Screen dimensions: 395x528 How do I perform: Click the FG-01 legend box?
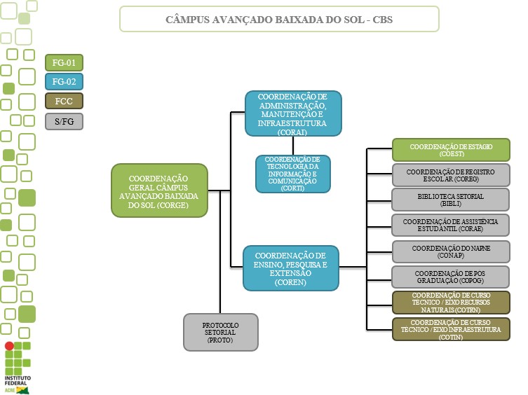coord(64,63)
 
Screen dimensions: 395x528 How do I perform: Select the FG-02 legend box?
coord(64,83)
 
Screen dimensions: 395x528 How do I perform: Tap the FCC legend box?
coord(64,102)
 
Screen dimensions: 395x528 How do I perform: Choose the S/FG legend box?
coord(64,121)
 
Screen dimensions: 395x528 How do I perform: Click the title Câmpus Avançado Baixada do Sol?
coord(279,20)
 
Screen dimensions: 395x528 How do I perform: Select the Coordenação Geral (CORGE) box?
coord(159,190)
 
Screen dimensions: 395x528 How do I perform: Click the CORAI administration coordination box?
coord(292,113)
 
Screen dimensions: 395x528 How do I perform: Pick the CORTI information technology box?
coord(292,174)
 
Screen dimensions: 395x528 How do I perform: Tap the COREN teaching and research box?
coord(290,268)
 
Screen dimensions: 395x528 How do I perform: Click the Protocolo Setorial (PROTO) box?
coord(220,332)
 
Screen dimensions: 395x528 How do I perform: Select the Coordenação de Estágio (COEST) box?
coord(450,150)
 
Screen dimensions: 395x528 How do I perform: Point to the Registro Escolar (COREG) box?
coord(450,175)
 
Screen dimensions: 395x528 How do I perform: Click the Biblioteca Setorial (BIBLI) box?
coord(450,200)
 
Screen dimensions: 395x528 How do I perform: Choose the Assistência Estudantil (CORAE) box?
coord(450,226)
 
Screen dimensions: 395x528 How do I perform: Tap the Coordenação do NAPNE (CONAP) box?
coord(450,251)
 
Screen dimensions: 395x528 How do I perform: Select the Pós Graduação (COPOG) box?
coord(450,277)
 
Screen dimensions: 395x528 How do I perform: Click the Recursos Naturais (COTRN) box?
coord(450,302)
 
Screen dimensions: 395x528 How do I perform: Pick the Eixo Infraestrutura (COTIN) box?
coord(450,328)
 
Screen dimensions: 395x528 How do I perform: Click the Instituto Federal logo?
coord(18,367)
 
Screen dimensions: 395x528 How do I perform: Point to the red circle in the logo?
coord(8,347)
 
